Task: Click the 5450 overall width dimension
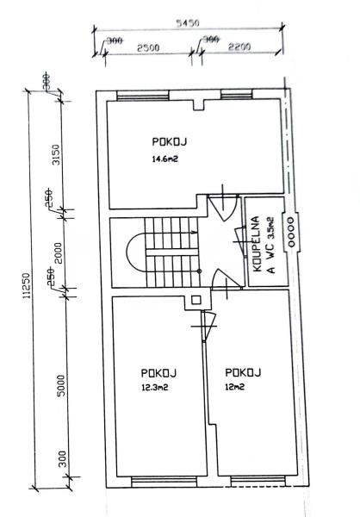[188, 23]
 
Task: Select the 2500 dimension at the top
[148, 47]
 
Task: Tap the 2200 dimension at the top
[239, 47]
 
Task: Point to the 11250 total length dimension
[27, 285]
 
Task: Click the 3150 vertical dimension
[57, 154]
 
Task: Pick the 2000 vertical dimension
[58, 253]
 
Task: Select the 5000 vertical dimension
[61, 385]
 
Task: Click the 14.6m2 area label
[164, 159]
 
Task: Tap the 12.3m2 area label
[155, 388]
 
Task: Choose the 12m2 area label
[235, 387]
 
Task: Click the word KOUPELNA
[257, 244]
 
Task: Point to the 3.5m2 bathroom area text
[270, 227]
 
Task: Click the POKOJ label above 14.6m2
[170, 142]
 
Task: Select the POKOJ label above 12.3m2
[158, 373]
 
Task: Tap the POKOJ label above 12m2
[243, 372]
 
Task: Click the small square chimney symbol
[196, 300]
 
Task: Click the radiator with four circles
[291, 232]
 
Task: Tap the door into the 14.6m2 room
[224, 207]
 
